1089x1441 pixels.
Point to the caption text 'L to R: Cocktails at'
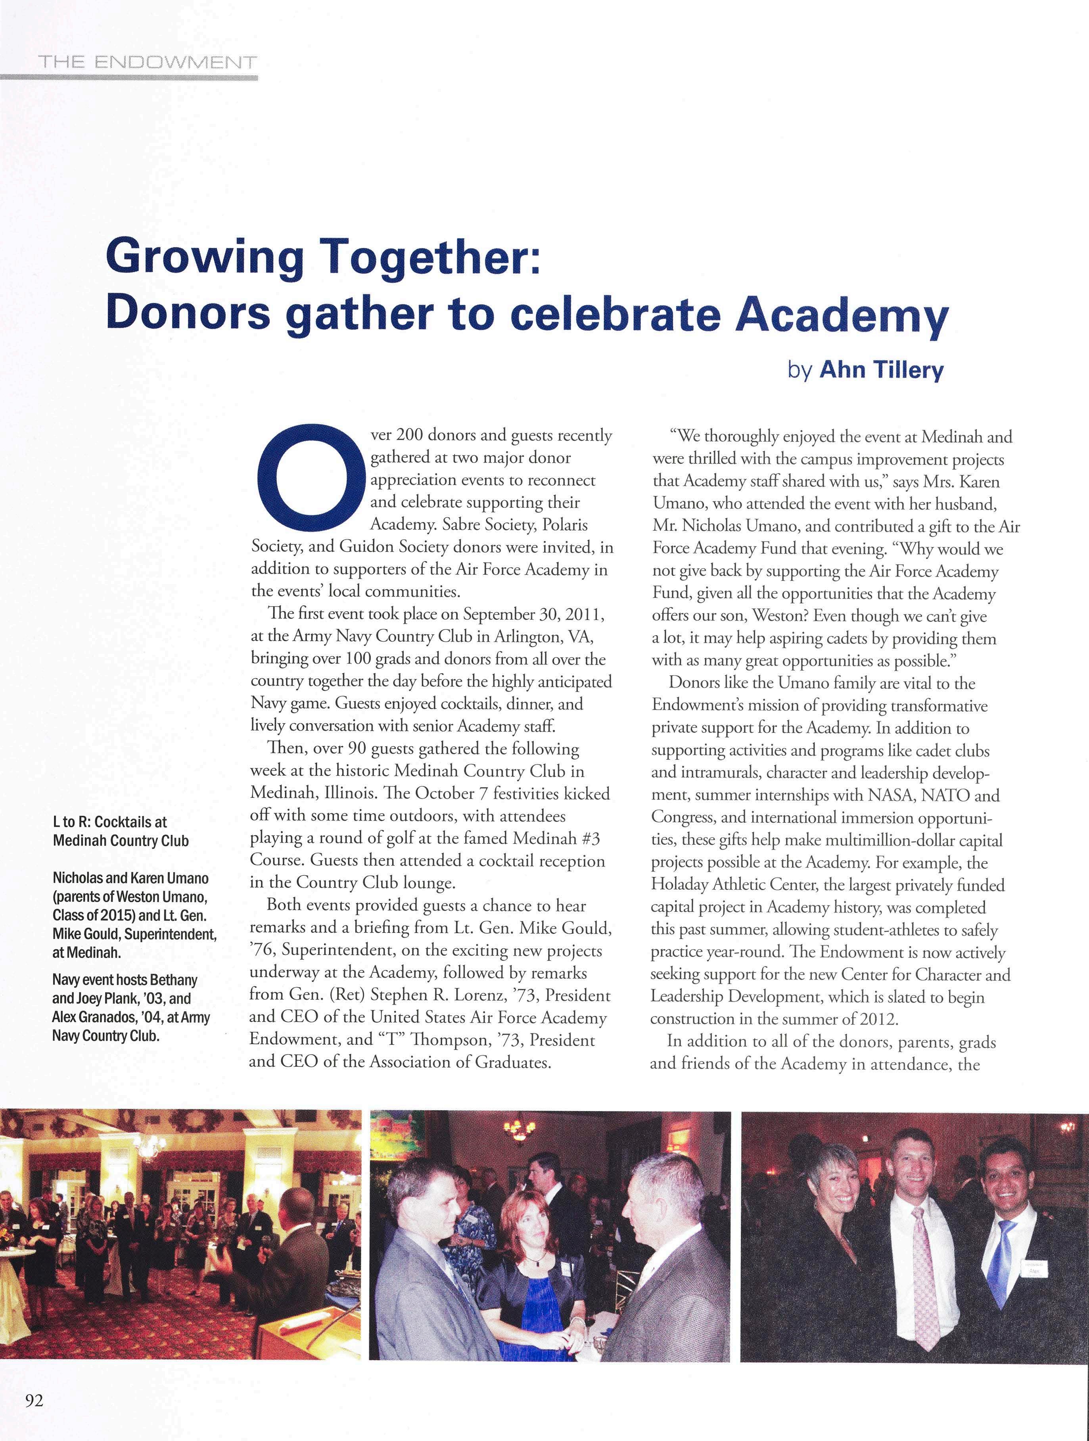coord(110,822)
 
